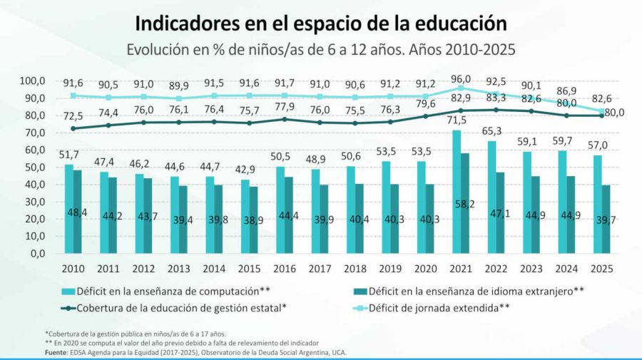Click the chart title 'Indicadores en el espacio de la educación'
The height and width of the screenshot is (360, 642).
coord(321,23)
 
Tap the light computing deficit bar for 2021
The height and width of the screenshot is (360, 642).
coord(456,192)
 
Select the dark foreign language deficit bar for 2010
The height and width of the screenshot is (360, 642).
coord(78,212)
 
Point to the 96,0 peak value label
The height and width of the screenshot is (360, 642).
coord(461,79)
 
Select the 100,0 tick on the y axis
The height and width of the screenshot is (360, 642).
coord(31,81)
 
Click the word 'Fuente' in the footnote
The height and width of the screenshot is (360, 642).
coord(56,352)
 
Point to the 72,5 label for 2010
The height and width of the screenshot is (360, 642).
coord(73,115)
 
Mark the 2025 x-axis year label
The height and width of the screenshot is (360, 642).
coord(602,268)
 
